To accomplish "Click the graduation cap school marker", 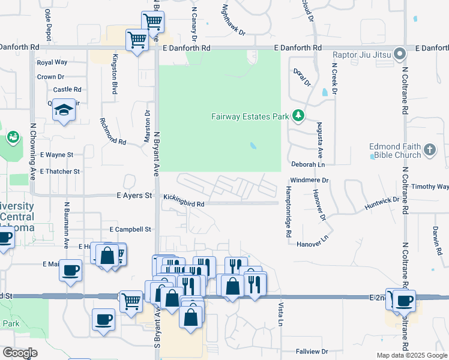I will [x=63, y=110].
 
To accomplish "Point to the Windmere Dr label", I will [x=310, y=180].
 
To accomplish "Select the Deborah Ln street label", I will [x=308, y=164].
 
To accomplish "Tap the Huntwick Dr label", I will [x=382, y=203].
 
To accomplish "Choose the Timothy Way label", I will [x=434, y=187].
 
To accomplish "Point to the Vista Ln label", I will [x=280, y=314].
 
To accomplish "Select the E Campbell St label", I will [x=130, y=229].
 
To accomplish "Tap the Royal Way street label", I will [x=52, y=62].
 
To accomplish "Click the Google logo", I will [x=20, y=353].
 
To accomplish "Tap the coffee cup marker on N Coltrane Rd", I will [x=403, y=299].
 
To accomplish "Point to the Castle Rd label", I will [x=67, y=89].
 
